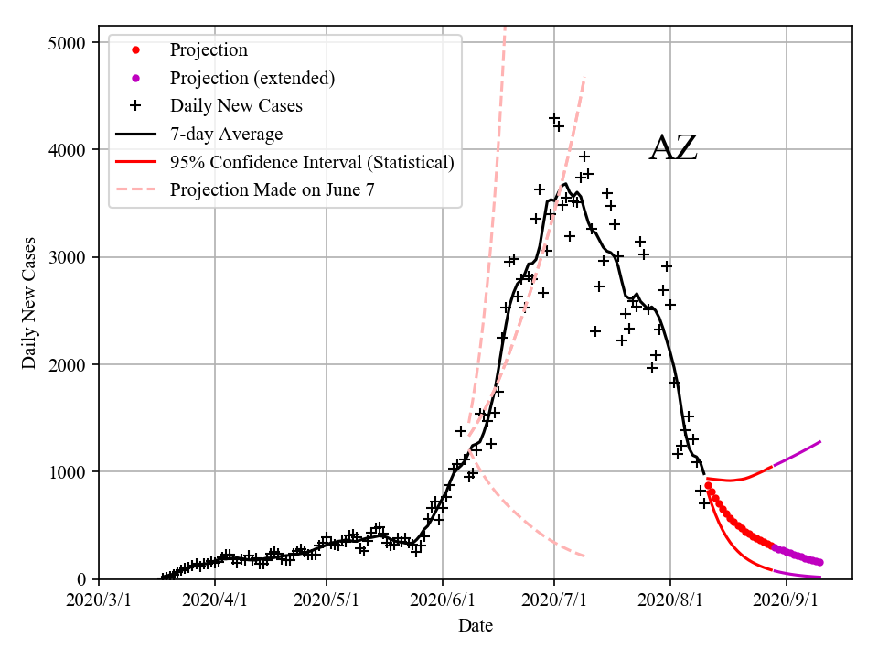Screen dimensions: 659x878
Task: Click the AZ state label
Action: (673, 148)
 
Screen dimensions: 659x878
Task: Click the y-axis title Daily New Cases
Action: (30, 302)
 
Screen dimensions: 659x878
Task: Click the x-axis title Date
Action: (475, 626)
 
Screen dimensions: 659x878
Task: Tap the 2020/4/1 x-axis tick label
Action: (215, 600)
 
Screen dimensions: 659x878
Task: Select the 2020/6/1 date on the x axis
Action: (443, 600)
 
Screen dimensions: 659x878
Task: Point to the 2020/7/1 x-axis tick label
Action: (554, 600)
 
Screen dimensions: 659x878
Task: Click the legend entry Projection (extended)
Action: (252, 79)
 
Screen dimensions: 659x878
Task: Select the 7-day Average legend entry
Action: (226, 135)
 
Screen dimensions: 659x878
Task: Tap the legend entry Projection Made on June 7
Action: (272, 190)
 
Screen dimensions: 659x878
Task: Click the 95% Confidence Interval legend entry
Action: (311, 163)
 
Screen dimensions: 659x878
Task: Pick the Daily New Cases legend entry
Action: (236, 106)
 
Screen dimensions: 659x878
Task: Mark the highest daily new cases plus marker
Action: (554, 119)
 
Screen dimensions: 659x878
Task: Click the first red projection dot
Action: (708, 486)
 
